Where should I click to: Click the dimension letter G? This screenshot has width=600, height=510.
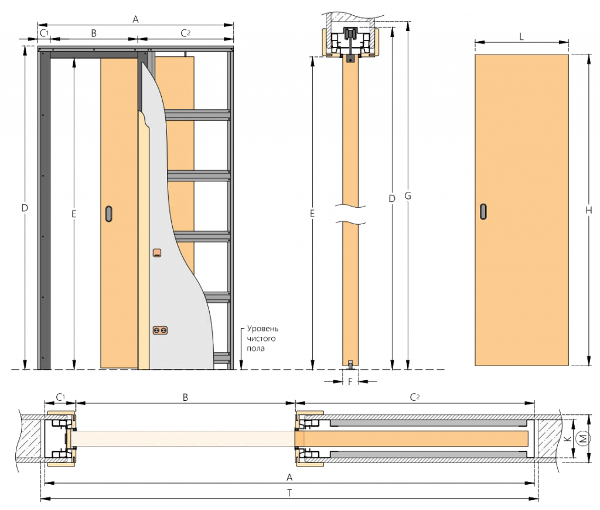[x=408, y=196]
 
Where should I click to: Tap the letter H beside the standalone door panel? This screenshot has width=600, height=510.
[x=588, y=210]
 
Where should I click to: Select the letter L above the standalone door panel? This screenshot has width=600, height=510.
[x=521, y=37]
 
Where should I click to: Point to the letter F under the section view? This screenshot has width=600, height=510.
[x=350, y=382]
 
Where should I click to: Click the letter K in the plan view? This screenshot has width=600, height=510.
[x=568, y=438]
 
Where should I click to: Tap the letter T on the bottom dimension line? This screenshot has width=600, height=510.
[x=289, y=493]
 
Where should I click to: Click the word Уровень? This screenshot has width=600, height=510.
[x=262, y=329]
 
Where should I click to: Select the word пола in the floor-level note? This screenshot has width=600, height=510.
[x=255, y=348]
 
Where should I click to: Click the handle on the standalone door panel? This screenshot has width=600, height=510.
[x=483, y=211]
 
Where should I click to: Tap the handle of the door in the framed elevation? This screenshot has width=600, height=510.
[x=109, y=214]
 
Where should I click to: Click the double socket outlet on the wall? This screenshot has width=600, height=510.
[x=160, y=330]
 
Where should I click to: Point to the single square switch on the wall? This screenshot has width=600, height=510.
[x=157, y=252]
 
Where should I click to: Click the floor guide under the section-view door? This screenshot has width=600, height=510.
[x=350, y=365]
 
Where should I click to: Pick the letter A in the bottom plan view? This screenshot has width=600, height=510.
[x=289, y=478]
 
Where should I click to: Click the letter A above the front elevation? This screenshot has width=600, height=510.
[x=135, y=19]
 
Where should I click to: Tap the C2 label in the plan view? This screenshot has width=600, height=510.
[x=415, y=397]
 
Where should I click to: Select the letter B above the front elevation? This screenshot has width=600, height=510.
[x=94, y=33]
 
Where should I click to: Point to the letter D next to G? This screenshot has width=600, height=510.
[x=392, y=198]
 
